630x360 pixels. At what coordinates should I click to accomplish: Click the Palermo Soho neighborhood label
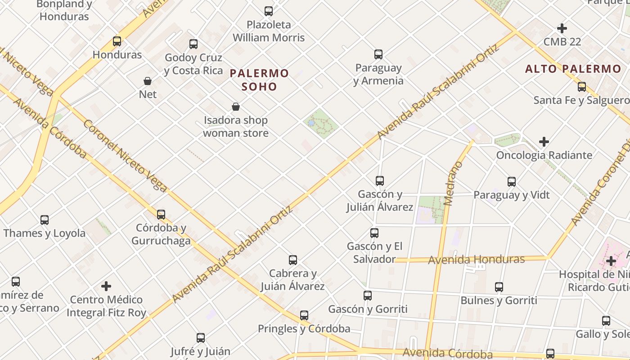pos(259,80)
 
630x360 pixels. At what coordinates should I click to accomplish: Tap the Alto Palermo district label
pos(573,69)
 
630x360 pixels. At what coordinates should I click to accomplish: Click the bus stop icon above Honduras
pos(117,41)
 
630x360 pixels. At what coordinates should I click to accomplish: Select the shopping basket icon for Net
pos(148,81)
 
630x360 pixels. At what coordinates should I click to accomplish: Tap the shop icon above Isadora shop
pos(235,107)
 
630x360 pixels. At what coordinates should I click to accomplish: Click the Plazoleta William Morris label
pos(269,31)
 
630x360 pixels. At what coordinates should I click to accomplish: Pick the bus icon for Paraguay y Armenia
pos(378,54)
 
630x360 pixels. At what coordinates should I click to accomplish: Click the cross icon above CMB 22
pos(562,28)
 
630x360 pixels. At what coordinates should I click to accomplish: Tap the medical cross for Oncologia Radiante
pos(544,142)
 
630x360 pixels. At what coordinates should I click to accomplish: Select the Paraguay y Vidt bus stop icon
pos(512,182)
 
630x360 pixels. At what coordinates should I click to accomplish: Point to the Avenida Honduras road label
pos(476,260)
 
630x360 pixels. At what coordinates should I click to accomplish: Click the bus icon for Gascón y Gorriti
pos(368,296)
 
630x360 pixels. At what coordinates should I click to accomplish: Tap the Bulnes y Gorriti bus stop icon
pos(499,287)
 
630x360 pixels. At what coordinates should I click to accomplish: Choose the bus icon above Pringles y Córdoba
pos(304,315)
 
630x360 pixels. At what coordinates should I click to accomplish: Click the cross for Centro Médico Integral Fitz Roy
pos(106,286)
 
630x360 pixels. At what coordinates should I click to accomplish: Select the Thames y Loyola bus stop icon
pos(45,220)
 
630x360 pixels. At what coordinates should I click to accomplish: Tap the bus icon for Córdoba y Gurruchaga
pos(161,215)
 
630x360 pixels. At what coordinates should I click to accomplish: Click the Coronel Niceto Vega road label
pos(125,156)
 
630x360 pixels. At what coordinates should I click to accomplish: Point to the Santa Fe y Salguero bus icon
pos(582,87)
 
